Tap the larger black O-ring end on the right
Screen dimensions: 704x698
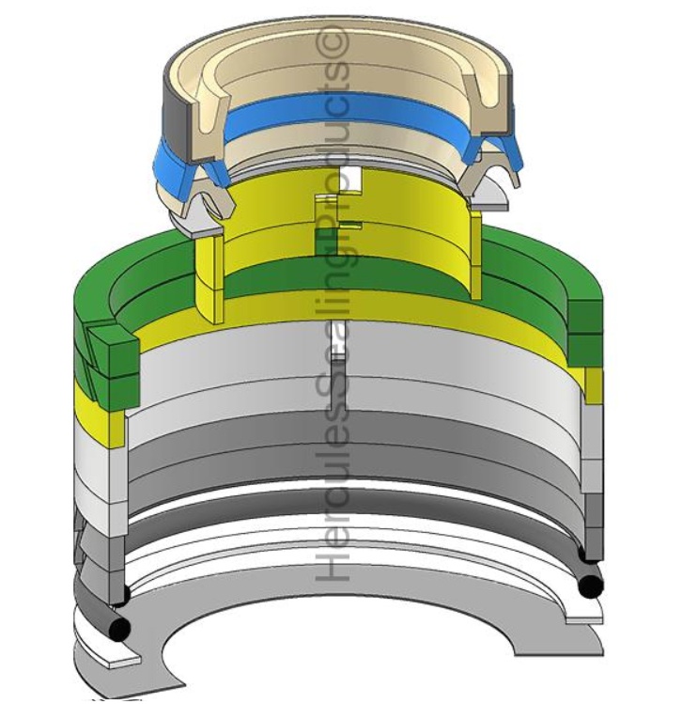tap(589, 585)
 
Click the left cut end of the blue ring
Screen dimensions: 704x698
tap(175, 159)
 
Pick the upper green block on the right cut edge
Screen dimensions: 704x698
tap(583, 315)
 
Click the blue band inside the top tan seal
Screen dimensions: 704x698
tap(348, 116)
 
